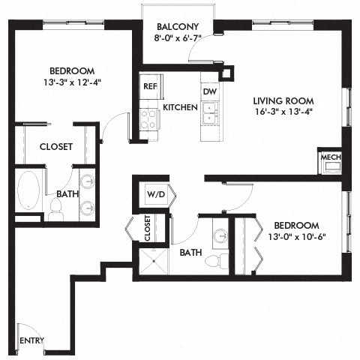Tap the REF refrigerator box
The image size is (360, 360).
[148, 86]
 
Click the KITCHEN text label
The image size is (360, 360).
[180, 108]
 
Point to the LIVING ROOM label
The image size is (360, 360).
[283, 101]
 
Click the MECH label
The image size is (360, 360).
[330, 157]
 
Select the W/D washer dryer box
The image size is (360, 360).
[155, 195]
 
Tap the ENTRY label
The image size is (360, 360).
[31, 340]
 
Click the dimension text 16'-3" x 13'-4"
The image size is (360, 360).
[283, 113]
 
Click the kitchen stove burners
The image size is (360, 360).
[148, 118]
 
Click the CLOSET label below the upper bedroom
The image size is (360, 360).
[56, 147]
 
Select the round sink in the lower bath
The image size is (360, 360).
[220, 237]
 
